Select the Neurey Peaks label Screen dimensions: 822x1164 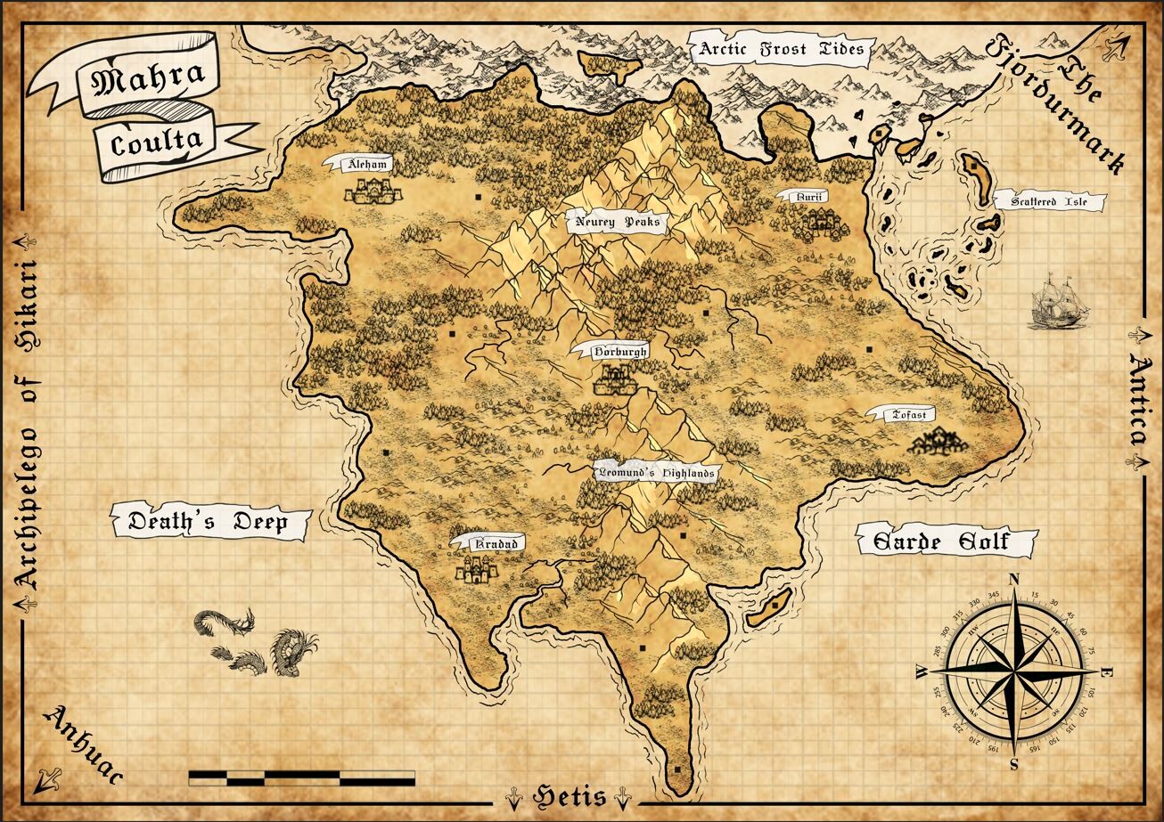tap(618, 222)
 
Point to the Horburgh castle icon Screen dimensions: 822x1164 tap(616, 382)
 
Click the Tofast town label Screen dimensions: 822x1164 tap(909, 414)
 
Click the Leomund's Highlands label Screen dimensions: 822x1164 tap(656, 474)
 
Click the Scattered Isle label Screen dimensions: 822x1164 tap(1048, 202)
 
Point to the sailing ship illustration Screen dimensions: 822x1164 tap(1059, 303)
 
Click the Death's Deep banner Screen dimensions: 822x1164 tap(208, 522)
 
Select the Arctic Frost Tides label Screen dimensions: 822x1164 tap(781, 49)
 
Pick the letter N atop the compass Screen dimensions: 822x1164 tap(1013, 580)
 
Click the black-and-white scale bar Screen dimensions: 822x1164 tap(301, 777)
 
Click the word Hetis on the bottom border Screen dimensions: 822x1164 tap(570, 796)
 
